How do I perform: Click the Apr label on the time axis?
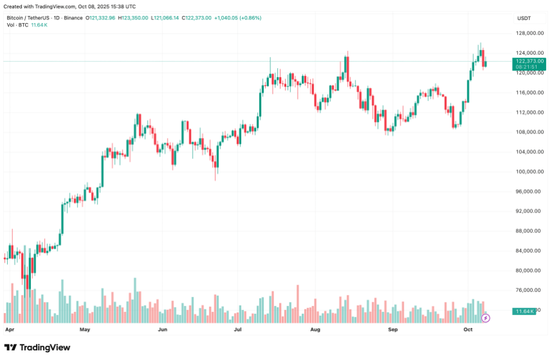pos(9,329)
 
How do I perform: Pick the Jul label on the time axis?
pos(237,329)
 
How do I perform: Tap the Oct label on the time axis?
pos(468,329)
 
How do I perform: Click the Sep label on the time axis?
pos(393,329)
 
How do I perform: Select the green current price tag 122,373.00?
pos(529,61)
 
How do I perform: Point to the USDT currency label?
pos(524,18)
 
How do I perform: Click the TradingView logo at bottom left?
pos(37,347)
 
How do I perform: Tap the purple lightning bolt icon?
pos(485,318)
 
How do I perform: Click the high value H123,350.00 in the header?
pos(134,18)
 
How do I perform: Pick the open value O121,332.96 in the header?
pos(101,18)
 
